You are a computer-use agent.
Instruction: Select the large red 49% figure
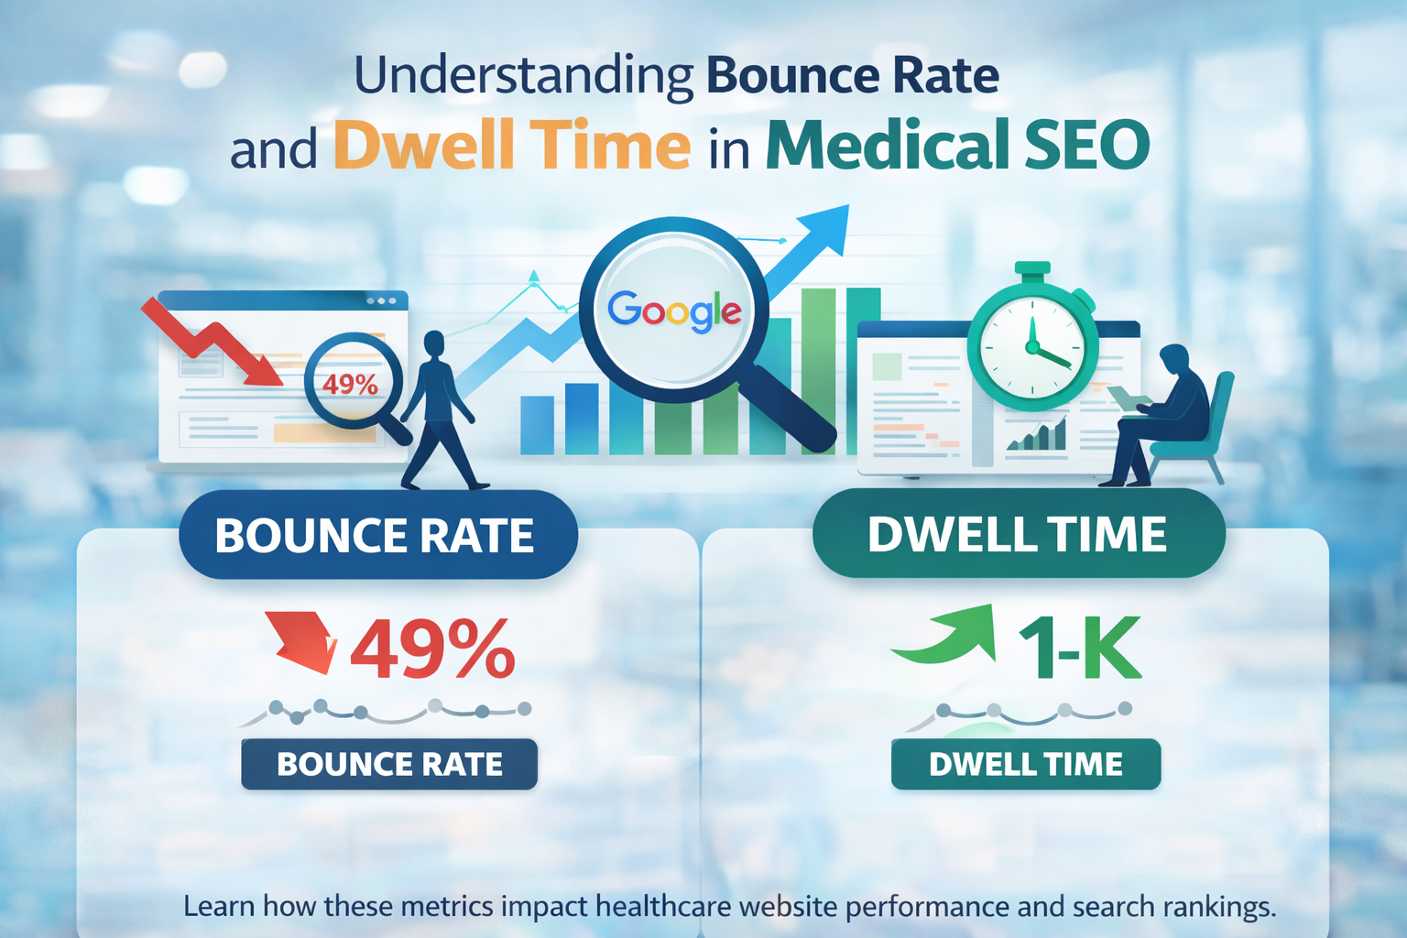[432, 649]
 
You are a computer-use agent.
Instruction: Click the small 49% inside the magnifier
[350, 383]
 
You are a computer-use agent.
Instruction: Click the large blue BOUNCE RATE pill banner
[377, 535]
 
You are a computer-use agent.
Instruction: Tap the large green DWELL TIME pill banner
[1018, 534]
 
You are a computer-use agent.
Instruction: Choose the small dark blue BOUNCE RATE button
[389, 764]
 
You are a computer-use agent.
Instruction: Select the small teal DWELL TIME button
[1025, 764]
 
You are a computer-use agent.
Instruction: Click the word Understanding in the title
[523, 76]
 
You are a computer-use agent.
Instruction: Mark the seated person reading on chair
[1163, 412]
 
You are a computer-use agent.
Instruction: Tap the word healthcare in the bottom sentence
[663, 907]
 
